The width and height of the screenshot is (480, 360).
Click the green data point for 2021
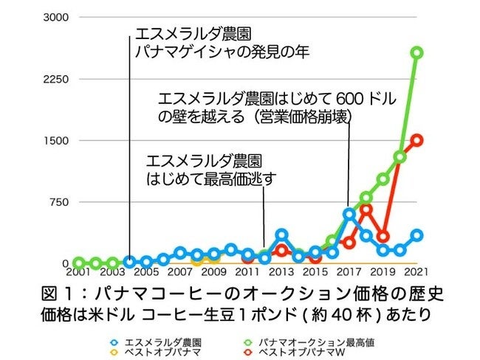(417, 52)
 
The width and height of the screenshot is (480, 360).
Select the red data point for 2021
(417, 140)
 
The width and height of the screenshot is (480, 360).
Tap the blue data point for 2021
(417, 235)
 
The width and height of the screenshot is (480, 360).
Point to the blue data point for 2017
(349, 214)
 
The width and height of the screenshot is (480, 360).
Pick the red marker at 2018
(366, 210)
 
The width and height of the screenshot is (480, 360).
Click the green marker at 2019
(383, 179)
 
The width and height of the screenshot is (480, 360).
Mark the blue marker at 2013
(281, 235)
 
